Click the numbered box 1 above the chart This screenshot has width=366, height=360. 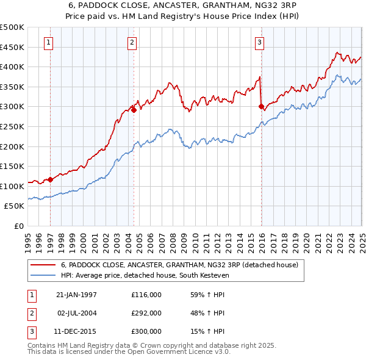(48, 43)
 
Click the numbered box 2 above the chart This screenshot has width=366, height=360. (132, 43)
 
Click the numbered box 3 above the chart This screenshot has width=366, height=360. (259, 43)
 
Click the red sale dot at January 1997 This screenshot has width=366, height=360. (51, 179)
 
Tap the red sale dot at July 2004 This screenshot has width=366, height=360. (134, 110)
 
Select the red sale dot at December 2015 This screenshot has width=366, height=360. (261, 107)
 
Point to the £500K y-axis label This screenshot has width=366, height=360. (12, 27)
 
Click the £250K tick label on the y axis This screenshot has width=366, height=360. (12, 126)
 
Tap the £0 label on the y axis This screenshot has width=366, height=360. (19, 226)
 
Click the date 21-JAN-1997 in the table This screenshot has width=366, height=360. (76, 295)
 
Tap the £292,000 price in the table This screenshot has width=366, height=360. (146, 313)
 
